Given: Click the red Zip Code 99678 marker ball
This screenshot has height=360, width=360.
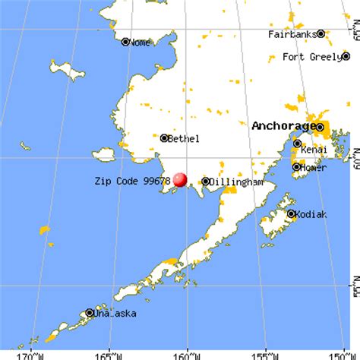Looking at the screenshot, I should point(180,179).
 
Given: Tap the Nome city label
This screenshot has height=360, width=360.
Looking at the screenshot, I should point(141,43).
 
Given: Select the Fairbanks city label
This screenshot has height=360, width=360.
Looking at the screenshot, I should point(292,34).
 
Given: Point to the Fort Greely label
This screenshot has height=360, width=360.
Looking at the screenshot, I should point(314,57).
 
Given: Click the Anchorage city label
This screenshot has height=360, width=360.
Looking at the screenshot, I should point(283,125).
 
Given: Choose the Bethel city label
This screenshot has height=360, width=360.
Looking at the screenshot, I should point(184,138).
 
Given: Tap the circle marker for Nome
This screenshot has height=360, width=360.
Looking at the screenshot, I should point(125,43).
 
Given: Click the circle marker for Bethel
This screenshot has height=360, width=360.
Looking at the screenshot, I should point(164,138).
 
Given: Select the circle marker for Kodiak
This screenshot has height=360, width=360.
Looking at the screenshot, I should point(291,214).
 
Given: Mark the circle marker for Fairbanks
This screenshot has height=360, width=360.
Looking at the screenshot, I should point(321,34).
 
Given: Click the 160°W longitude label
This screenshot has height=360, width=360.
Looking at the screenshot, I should point(188,355).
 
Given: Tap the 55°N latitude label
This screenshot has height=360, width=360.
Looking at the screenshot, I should point(354,292).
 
